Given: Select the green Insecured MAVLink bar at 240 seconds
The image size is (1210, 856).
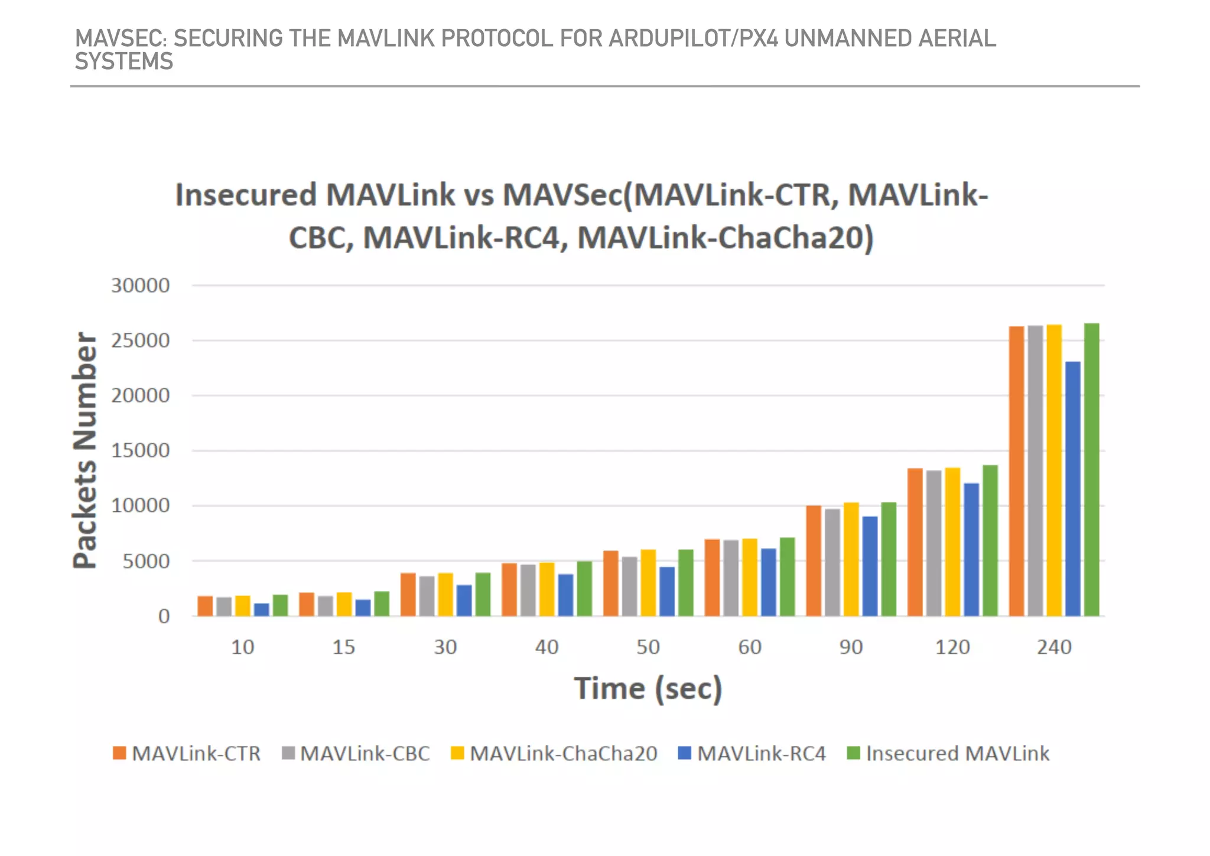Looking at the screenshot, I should tap(1092, 470).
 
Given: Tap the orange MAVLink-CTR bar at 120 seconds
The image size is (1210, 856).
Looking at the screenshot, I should tap(915, 542).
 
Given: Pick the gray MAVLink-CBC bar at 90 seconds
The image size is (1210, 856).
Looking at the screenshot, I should tap(832, 562).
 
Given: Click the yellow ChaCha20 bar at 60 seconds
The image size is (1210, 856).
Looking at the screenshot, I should tap(750, 578).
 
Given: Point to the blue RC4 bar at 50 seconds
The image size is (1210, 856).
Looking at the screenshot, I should tap(667, 592).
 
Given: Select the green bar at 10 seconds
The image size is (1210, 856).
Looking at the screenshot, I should tap(280, 605).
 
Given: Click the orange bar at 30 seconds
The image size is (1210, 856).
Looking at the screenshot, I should tap(408, 595).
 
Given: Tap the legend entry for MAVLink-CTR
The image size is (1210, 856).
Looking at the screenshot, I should tap(187, 754).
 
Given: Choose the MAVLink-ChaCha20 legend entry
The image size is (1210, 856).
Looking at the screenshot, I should tap(554, 754).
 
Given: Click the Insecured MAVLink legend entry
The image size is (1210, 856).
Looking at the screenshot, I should tap(949, 754).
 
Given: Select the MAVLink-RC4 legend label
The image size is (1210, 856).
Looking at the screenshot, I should tap(753, 754).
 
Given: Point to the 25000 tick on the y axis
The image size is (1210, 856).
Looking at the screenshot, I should tap(141, 341).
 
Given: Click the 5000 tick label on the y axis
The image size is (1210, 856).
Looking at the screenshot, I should tap(146, 561).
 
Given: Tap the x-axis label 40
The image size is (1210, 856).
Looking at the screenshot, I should tap(547, 647).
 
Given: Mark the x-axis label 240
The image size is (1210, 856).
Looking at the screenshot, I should tap(1054, 647).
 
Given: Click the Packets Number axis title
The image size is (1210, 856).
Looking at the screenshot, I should tap(84, 450).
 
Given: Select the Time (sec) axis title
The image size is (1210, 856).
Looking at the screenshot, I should tap(648, 689).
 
